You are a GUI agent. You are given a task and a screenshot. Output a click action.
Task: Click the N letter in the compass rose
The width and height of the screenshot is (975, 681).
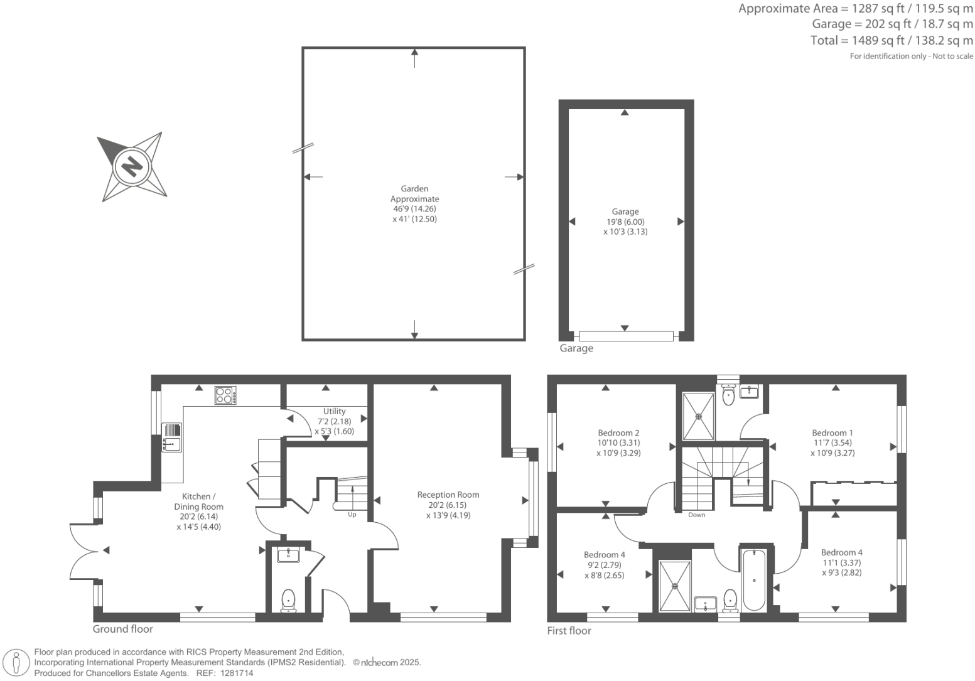[x=132, y=167]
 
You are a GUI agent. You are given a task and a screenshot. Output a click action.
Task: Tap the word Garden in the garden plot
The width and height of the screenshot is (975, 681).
[x=414, y=188]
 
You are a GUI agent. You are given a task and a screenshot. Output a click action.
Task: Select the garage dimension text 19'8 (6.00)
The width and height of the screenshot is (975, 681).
[x=625, y=222]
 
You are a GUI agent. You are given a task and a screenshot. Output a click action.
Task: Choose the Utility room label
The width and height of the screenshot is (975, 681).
[x=334, y=411]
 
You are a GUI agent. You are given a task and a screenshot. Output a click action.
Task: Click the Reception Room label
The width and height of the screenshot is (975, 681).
[x=448, y=495]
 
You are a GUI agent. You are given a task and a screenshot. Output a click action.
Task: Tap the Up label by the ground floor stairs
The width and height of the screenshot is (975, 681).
[x=352, y=515]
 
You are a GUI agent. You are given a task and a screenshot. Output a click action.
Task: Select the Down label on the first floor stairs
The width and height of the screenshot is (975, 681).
[x=696, y=515]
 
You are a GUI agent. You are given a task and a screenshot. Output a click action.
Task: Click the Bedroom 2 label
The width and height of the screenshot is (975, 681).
[x=618, y=432]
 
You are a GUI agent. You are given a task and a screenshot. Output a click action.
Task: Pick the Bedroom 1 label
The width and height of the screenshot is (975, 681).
[x=832, y=432]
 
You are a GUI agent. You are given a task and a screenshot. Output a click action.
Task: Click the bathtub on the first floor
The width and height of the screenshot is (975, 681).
[x=753, y=580]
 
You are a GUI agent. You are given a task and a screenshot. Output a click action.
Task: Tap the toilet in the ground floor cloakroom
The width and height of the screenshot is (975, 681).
[x=288, y=599]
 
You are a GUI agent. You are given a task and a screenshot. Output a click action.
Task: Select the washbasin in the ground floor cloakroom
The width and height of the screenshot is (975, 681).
[x=289, y=555]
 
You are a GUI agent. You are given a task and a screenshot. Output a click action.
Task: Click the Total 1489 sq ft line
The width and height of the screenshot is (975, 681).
[x=892, y=41]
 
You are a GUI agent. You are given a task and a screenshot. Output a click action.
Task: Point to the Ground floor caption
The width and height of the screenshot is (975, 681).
[x=123, y=629]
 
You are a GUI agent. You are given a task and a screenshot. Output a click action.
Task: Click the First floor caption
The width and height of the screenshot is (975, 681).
[x=569, y=631]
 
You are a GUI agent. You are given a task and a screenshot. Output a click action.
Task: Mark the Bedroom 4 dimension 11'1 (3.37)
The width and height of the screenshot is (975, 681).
[x=842, y=562]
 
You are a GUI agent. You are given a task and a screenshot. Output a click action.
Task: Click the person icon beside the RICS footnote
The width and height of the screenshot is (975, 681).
[x=17, y=663]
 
